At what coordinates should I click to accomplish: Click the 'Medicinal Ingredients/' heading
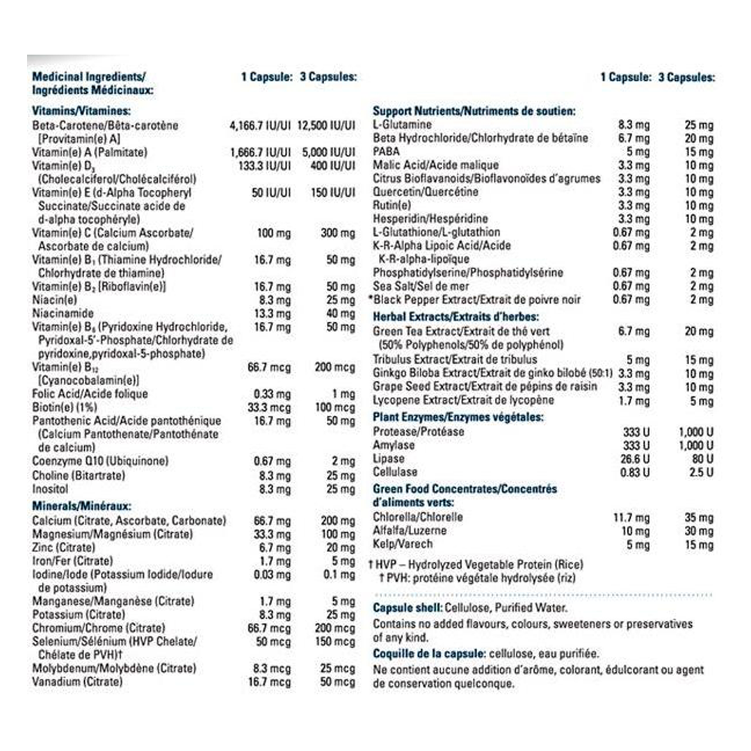[88, 76]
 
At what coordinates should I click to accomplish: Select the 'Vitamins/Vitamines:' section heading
[82, 111]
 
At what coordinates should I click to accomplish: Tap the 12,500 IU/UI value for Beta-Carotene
[326, 125]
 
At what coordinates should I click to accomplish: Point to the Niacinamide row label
[63, 313]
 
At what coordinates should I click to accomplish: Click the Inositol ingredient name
[50, 489]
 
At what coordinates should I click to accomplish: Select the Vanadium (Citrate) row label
[77, 681]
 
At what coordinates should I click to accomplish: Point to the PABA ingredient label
[386, 152]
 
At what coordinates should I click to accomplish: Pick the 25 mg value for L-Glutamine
[699, 125]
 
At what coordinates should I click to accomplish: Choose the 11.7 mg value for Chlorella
[631, 518]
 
